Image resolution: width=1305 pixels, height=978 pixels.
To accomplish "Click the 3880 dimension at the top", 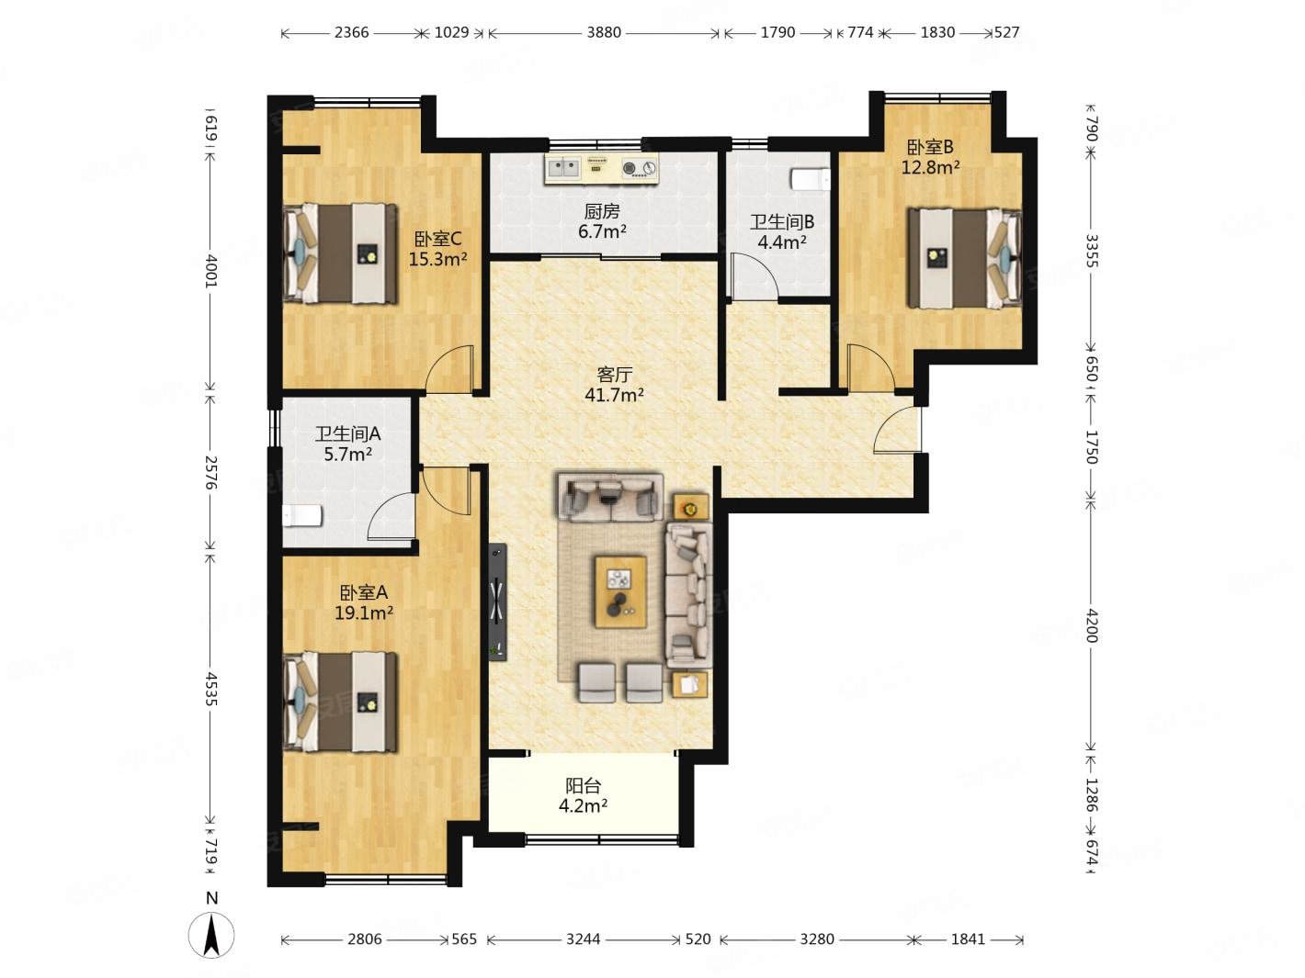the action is point(604,32).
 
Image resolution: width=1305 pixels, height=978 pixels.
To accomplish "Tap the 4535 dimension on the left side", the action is point(211,689).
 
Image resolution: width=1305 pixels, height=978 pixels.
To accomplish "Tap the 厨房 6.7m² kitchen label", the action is point(602,221).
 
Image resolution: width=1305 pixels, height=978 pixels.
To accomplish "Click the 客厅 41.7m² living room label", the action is point(614,384).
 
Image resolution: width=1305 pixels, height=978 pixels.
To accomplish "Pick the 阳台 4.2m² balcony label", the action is point(583,795).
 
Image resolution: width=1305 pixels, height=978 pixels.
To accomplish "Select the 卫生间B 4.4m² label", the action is point(782,231).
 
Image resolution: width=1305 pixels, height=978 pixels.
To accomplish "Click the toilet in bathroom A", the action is point(302,515).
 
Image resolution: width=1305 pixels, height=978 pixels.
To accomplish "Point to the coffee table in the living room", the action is point(620,591).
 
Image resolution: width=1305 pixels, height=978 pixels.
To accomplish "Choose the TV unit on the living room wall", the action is point(497,601).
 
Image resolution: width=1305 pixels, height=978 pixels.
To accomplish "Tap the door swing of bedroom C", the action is point(450,369).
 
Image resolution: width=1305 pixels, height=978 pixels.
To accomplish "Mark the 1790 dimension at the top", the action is point(777,32).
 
